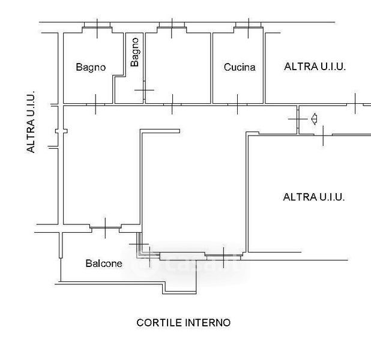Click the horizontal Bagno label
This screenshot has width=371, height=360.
(x=90, y=67)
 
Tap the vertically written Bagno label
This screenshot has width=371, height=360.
(x=135, y=52)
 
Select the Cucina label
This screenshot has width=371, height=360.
(x=239, y=67)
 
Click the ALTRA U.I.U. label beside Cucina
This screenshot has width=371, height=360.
(x=315, y=67)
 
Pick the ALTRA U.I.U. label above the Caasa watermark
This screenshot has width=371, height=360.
(x=313, y=196)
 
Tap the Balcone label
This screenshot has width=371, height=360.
(x=104, y=263)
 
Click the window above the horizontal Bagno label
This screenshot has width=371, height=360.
(x=96, y=25)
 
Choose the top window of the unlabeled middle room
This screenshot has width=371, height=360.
(x=172, y=25)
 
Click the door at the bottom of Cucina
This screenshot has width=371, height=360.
(x=238, y=104)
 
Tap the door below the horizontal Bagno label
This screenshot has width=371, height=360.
(x=96, y=104)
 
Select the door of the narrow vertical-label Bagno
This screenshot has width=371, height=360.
(x=144, y=91)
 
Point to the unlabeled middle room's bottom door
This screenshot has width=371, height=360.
(x=172, y=104)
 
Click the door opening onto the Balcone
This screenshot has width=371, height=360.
(x=105, y=227)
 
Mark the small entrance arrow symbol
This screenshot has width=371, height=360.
(x=313, y=119)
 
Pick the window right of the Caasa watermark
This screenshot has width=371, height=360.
(x=223, y=257)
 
